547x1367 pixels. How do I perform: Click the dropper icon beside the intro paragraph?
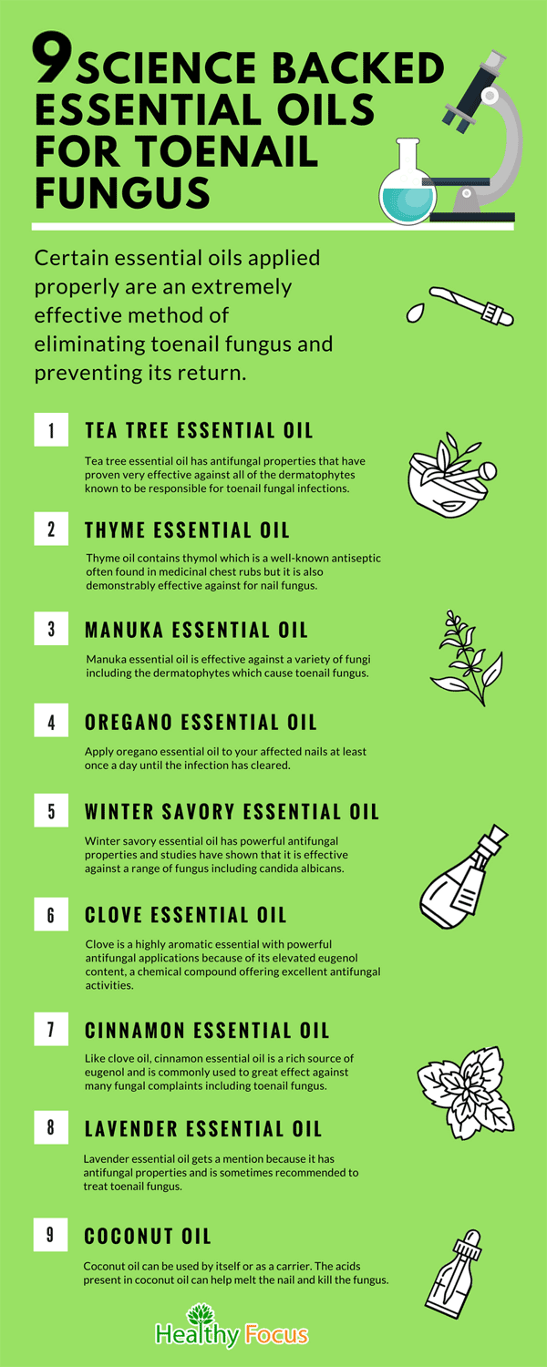(460, 305)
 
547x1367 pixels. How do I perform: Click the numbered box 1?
(51, 429)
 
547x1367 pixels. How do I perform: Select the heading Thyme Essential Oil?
(187, 530)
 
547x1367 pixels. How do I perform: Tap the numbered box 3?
(51, 629)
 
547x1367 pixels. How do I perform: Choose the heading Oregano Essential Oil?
(201, 723)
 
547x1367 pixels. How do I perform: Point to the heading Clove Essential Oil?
(186, 915)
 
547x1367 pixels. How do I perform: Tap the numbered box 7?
(51, 1029)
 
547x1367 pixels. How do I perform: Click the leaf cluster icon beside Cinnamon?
(466, 1093)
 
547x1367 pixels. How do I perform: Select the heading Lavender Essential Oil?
(202, 1129)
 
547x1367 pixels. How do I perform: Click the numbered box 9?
(51, 1235)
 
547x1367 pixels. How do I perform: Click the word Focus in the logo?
(276, 1335)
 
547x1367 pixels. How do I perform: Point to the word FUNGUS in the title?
(123, 192)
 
